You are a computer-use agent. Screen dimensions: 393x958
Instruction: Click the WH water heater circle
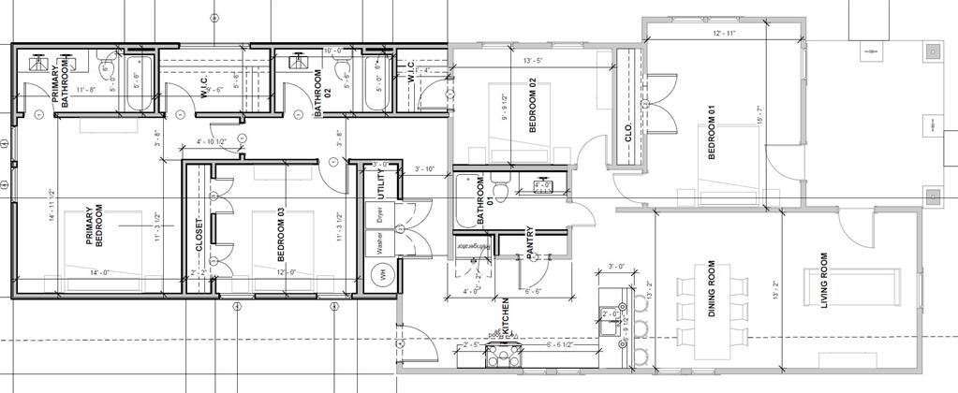coord(382,276)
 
